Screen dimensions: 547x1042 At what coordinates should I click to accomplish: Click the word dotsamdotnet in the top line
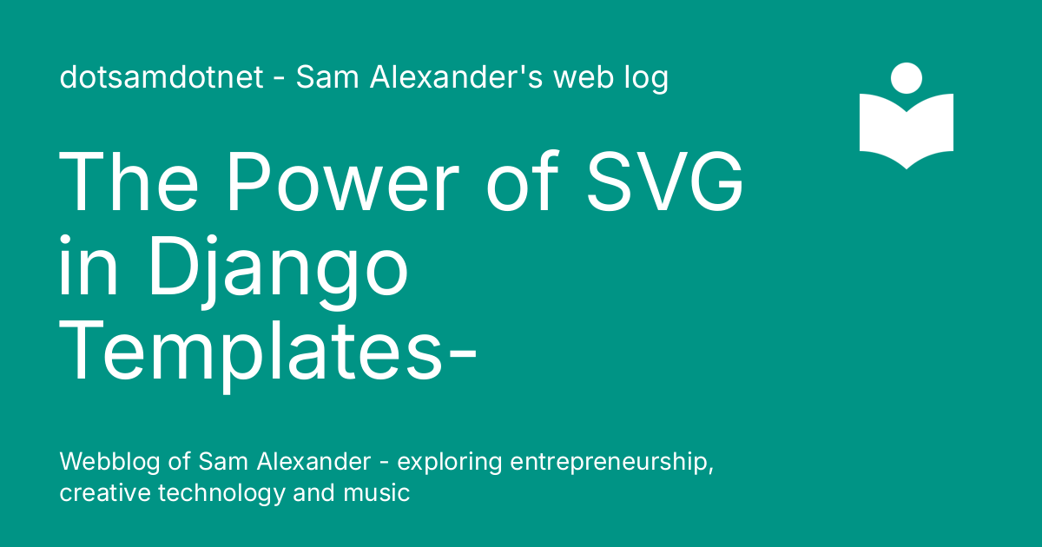tap(161, 78)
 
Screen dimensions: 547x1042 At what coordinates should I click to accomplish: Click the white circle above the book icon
tap(907, 76)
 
